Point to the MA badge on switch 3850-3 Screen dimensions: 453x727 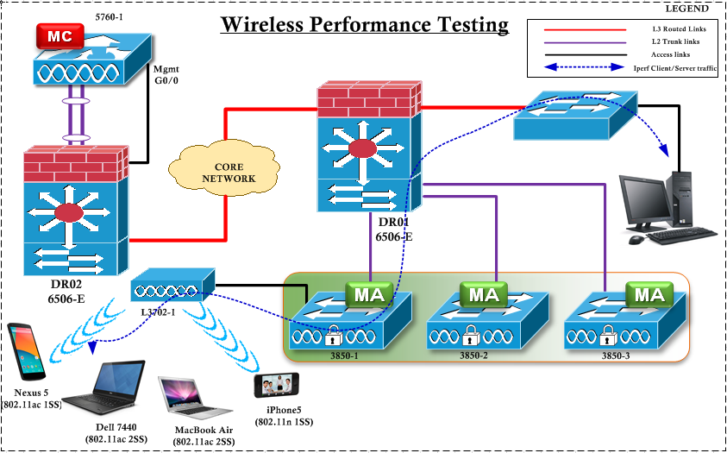tap(649, 295)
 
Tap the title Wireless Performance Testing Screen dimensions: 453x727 tap(365, 24)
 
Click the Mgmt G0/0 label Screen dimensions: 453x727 tap(166, 75)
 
